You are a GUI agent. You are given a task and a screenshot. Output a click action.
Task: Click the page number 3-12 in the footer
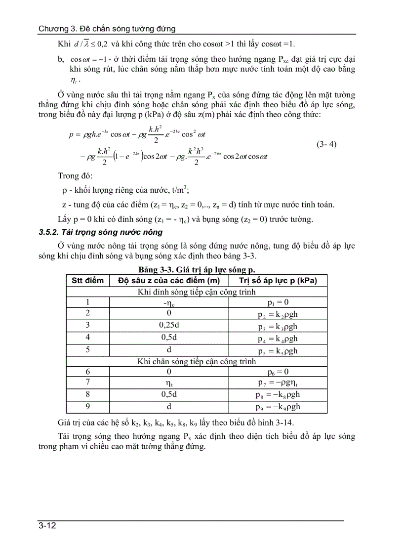(x=47, y=526)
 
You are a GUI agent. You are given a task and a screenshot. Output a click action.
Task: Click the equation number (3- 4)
(x=326, y=145)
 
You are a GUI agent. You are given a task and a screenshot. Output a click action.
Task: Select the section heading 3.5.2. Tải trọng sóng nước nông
(x=101, y=232)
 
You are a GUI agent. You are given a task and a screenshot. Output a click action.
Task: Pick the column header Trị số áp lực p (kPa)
(x=278, y=281)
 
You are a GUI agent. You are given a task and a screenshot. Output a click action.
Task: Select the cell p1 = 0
(x=278, y=302)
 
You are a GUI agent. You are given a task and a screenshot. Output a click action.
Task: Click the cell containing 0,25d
(x=169, y=326)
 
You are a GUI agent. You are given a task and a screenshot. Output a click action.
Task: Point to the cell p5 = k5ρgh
(x=278, y=350)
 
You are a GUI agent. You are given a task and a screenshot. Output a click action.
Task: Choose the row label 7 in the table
(x=87, y=383)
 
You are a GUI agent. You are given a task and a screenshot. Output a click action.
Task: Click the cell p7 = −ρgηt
(x=278, y=383)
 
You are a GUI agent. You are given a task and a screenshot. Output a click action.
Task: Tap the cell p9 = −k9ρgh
(x=278, y=407)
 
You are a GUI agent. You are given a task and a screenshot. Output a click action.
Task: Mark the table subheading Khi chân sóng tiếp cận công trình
(x=197, y=361)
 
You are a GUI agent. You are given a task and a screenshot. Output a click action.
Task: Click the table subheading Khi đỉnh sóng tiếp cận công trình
(x=197, y=292)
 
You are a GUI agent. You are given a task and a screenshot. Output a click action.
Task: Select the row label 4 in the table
(x=87, y=338)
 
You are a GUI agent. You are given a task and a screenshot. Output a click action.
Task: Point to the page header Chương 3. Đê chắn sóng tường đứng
(x=107, y=29)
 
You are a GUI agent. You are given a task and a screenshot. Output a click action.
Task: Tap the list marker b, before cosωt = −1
(x=61, y=59)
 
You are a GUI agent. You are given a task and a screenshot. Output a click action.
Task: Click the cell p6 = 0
(x=278, y=372)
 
